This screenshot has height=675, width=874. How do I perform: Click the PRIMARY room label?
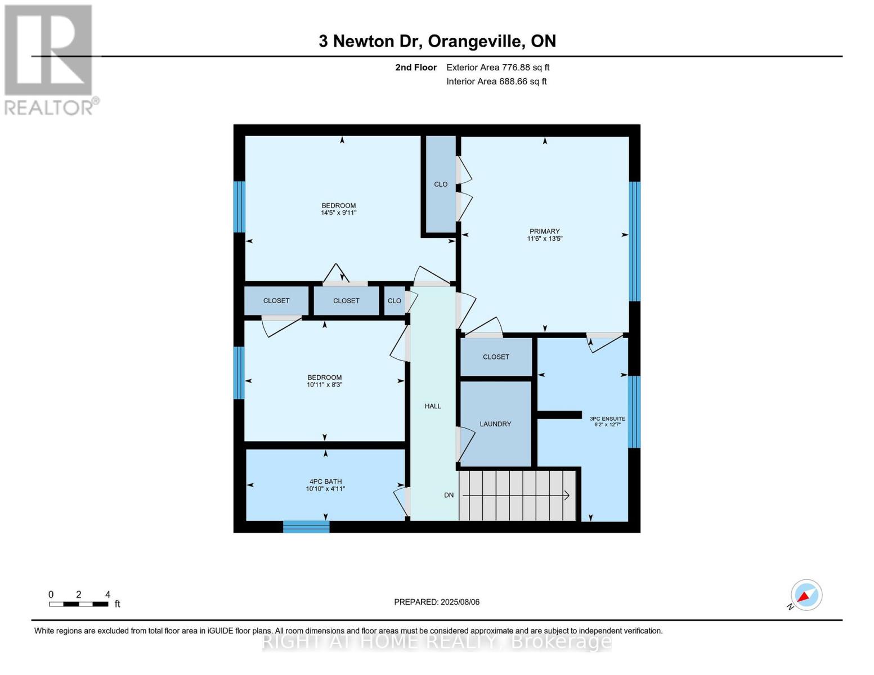point(544,231)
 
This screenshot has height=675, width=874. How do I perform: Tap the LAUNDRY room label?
point(495,424)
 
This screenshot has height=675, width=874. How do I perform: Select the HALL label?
point(433,406)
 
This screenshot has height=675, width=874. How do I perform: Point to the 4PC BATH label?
point(325,481)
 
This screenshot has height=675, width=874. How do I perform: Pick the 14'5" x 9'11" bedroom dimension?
point(338,213)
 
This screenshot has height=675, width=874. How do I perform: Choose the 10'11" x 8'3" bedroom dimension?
point(324,385)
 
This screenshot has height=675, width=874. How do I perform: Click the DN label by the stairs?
point(449,496)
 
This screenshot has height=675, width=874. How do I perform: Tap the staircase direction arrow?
point(516,496)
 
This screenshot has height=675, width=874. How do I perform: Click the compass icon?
point(806,595)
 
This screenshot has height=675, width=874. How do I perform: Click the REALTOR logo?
point(50,60)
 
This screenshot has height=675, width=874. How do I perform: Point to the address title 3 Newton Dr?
point(437,41)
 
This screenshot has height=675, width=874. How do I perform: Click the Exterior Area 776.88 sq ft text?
point(497,67)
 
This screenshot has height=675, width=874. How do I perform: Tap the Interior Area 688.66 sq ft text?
point(496,82)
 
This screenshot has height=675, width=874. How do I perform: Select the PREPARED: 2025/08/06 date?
point(437,602)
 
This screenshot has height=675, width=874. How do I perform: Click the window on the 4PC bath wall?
point(306,527)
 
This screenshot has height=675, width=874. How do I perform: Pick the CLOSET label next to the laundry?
point(496,357)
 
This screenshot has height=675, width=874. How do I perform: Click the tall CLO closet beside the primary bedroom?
point(441,184)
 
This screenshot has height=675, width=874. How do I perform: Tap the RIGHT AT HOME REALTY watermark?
point(437,642)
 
